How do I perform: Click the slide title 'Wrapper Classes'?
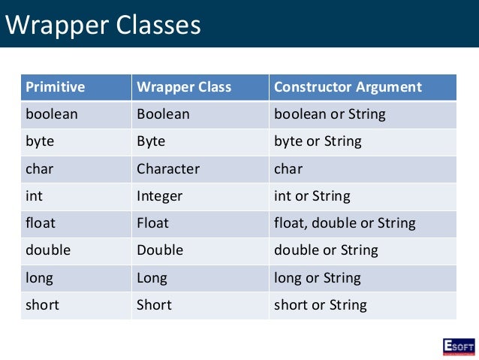click(104, 25)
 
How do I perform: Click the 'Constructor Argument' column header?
click(348, 86)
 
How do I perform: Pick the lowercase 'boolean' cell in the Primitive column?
click(52, 114)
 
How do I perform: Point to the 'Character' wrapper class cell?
click(168, 168)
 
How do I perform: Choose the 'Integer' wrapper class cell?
click(159, 196)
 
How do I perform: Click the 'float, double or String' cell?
click(345, 223)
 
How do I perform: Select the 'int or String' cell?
click(312, 196)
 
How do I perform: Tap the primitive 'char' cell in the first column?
click(40, 168)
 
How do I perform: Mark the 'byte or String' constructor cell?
click(318, 141)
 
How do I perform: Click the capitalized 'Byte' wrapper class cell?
click(151, 141)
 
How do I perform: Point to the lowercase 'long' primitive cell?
click(40, 277)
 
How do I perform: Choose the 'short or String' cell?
click(321, 304)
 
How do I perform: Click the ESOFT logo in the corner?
click(458, 346)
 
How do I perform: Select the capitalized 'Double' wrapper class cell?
click(159, 250)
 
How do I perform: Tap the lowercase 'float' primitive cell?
click(41, 223)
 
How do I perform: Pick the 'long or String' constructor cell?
click(318, 277)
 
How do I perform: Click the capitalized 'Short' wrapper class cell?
click(154, 304)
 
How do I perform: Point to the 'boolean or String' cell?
click(330, 114)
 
